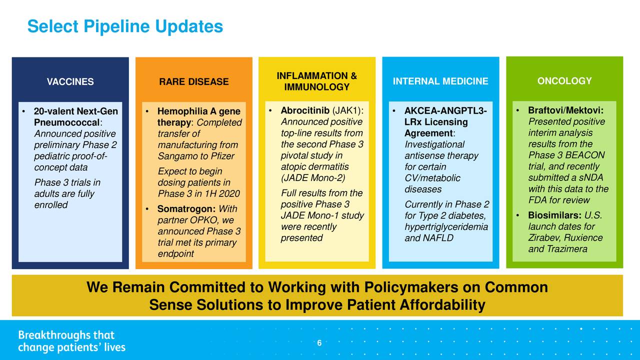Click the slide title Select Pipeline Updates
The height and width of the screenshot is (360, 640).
[x=125, y=26]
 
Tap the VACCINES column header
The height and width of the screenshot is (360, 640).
[x=70, y=81]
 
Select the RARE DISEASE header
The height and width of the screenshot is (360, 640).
[x=194, y=81]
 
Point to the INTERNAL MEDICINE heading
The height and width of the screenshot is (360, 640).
[x=440, y=81]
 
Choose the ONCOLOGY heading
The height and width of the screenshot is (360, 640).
[x=564, y=81]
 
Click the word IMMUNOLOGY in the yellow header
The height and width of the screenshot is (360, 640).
[x=317, y=87]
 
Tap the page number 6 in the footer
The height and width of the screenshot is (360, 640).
[x=319, y=343]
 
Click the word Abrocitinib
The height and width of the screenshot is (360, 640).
[x=305, y=110]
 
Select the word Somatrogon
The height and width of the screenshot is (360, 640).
[x=186, y=209]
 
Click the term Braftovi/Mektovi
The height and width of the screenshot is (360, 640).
[x=565, y=110]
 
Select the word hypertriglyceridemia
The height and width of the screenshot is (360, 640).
[x=446, y=227]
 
